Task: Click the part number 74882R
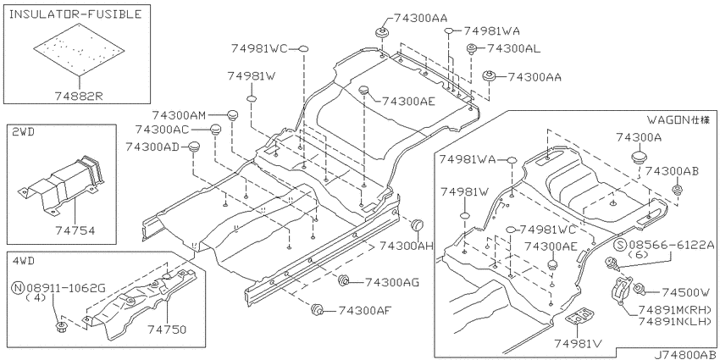click(x=79, y=96)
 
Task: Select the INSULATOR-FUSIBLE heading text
click(x=75, y=14)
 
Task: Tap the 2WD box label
click(x=24, y=132)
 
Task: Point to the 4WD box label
click(x=24, y=261)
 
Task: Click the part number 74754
click(x=75, y=230)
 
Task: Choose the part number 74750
click(x=167, y=329)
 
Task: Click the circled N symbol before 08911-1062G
click(x=18, y=288)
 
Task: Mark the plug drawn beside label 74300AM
click(x=233, y=114)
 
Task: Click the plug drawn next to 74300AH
click(x=417, y=225)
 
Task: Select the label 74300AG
click(x=391, y=282)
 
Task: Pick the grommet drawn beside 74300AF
click(x=318, y=309)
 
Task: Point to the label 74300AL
click(x=513, y=48)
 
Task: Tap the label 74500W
click(x=685, y=292)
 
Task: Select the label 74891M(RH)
click(x=674, y=309)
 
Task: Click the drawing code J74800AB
click(x=684, y=354)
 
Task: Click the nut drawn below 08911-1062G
click(x=59, y=328)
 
